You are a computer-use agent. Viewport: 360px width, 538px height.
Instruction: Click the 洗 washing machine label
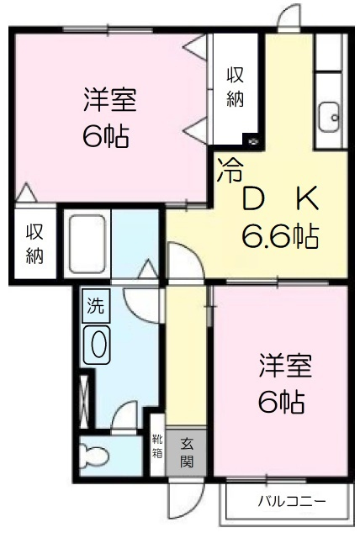pyautogui.click(x=95, y=307)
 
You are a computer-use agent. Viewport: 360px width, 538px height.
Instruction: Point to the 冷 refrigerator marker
pyautogui.click(x=228, y=171)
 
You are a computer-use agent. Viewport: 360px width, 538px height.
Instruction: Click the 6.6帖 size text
pyautogui.click(x=279, y=237)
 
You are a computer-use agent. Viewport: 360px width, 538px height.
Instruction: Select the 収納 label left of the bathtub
pyautogui.click(x=34, y=243)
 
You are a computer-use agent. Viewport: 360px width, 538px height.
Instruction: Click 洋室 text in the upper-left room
pyautogui.click(x=110, y=101)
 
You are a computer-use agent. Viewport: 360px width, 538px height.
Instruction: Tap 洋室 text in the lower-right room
pyautogui.click(x=285, y=368)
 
